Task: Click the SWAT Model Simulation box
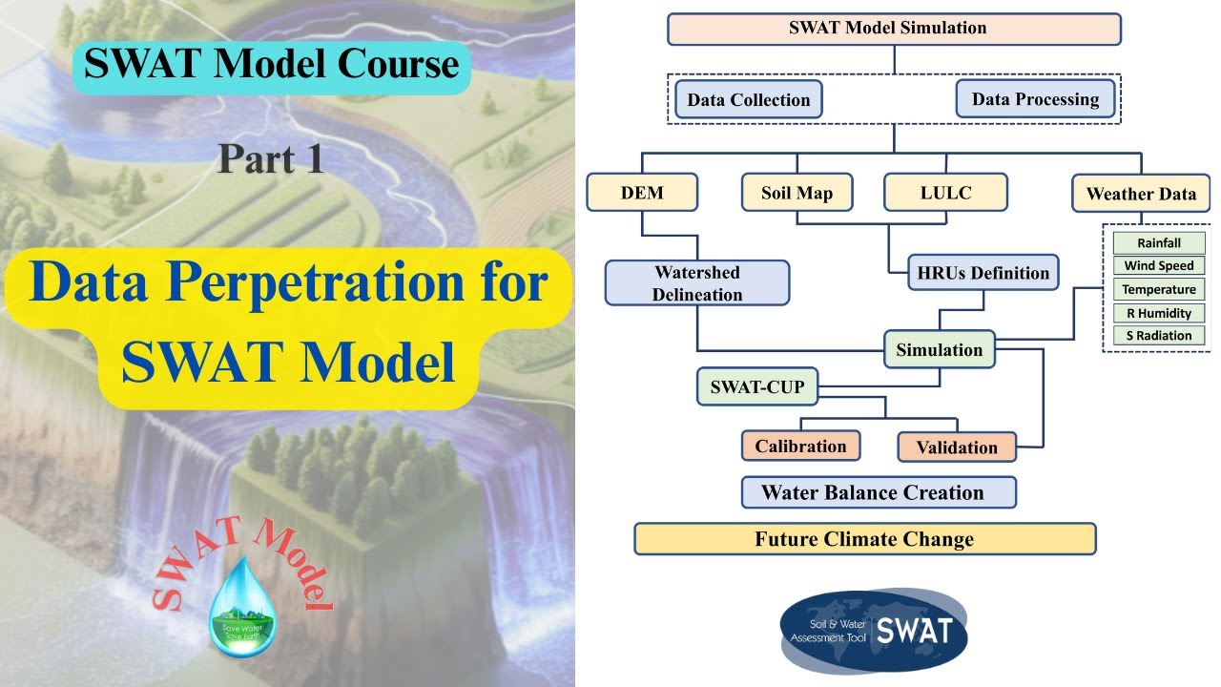point(893,29)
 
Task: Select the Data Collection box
point(748,99)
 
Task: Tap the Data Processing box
point(1035,98)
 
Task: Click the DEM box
point(641,193)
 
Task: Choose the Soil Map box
point(797,193)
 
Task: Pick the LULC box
point(945,193)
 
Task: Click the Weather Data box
point(1140,194)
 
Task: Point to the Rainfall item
point(1158,243)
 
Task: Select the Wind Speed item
point(1158,266)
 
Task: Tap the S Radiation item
point(1158,335)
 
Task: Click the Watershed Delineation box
point(697,283)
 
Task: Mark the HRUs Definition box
point(983,273)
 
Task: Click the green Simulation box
point(939,350)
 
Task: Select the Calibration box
point(800,446)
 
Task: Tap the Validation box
point(956,447)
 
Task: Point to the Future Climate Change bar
point(864,539)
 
